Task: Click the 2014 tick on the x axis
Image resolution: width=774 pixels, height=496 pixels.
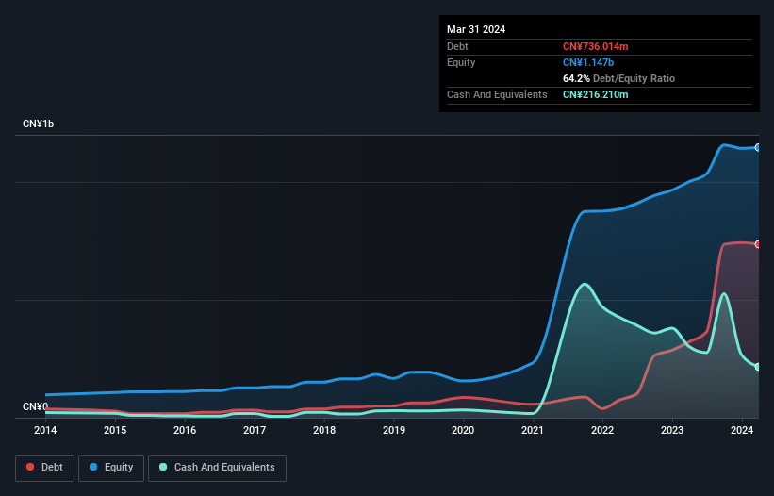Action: pos(45,430)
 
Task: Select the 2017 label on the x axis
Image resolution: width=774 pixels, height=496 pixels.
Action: pos(255,430)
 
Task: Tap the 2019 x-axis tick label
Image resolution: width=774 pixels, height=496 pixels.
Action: pos(394,430)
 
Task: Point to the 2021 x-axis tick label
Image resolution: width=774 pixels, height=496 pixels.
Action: pos(533,430)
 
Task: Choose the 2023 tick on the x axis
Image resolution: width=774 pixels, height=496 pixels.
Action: pos(672,430)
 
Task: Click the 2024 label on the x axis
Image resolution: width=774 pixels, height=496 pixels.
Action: pos(742,430)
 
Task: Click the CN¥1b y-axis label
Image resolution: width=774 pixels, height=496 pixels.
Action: pos(39,124)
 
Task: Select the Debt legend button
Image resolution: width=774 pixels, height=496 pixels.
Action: pos(44,468)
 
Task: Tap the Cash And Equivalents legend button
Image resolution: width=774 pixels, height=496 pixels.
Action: pos(217,468)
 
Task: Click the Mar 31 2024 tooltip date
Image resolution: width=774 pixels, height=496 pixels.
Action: pos(476,29)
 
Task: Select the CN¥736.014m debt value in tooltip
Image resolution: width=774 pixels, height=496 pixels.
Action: pos(595,46)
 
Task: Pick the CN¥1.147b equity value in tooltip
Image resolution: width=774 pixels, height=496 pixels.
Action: pos(589,62)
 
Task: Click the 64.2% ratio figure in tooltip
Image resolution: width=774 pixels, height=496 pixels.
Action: pos(576,78)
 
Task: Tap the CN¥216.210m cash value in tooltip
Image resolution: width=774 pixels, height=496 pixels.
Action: pos(595,94)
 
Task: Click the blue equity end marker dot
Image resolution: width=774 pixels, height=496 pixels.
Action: pos(758,147)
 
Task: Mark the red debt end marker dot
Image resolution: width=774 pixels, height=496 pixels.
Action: pos(758,244)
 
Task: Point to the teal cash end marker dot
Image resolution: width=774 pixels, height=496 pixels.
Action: pos(758,367)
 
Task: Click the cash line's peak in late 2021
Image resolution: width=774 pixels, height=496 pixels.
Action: pos(585,283)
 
